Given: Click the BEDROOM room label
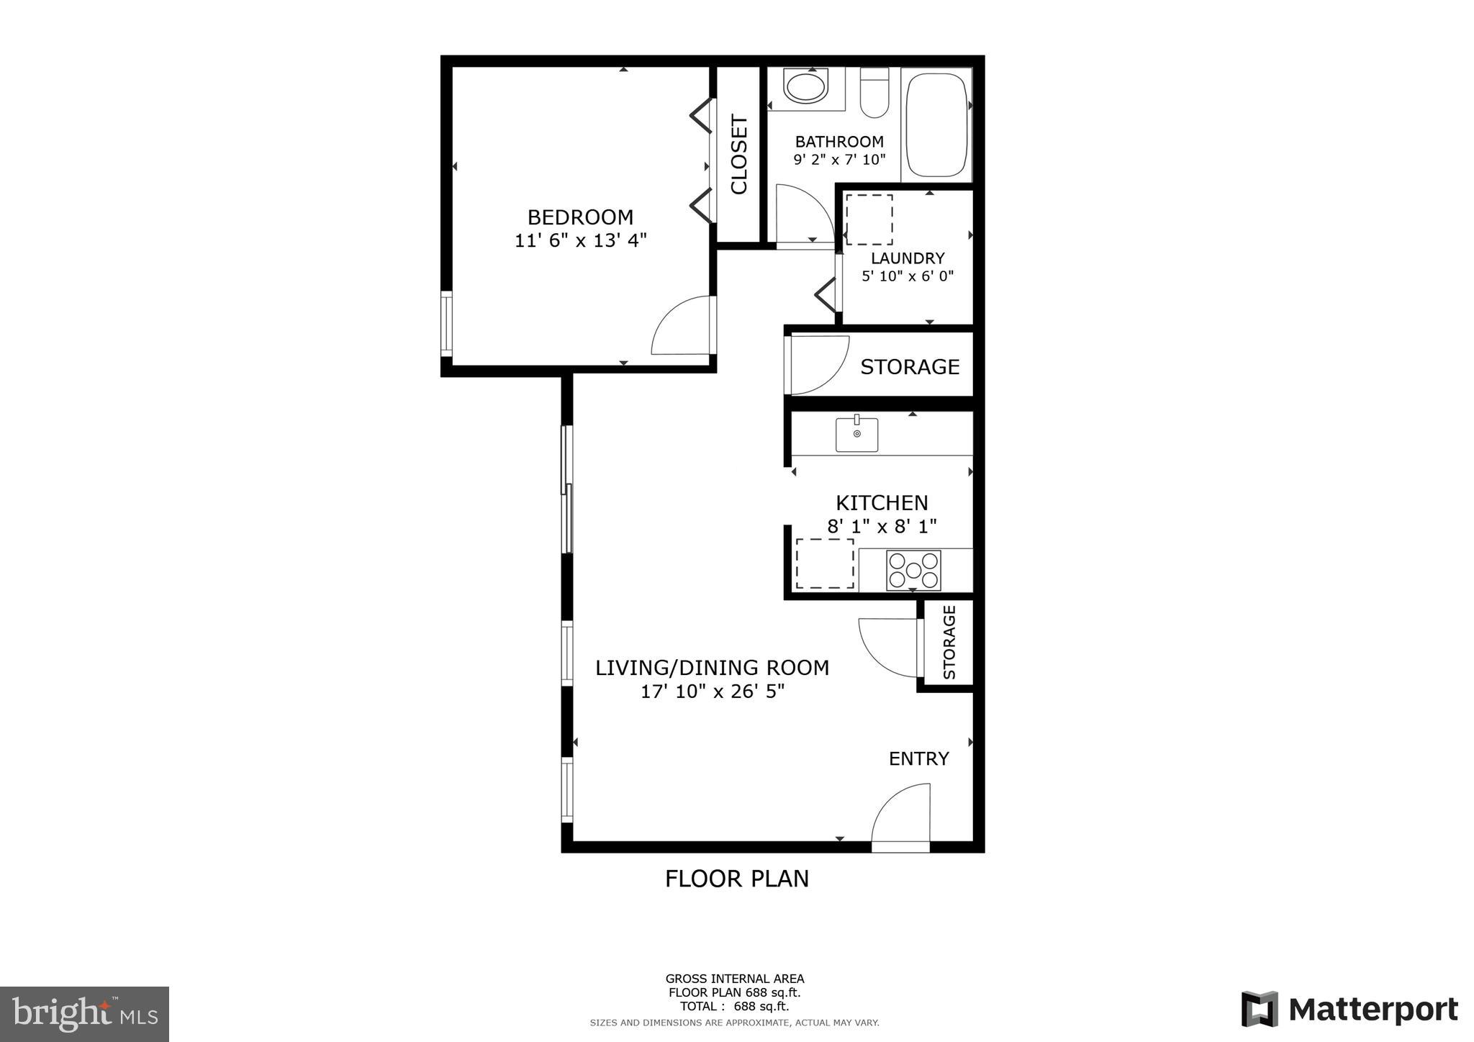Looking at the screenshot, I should tap(580, 217).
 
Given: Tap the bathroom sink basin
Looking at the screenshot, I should tap(805, 87).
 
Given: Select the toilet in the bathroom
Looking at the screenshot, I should tap(874, 94).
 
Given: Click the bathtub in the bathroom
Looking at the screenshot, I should tap(936, 124).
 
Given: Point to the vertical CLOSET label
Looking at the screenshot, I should tap(739, 155).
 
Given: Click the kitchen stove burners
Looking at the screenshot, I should tap(913, 570).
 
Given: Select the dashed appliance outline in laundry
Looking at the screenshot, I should tap(869, 219).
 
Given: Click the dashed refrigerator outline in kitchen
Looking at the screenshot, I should tap(824, 563).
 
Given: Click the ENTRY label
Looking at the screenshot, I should tap(918, 758).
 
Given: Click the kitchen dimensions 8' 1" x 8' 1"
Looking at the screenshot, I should tap(882, 526).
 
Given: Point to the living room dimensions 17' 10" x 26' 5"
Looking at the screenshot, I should tap(712, 692).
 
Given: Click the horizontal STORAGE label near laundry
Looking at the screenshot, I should tap(910, 367).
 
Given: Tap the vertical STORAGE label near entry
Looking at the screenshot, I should tap(949, 642).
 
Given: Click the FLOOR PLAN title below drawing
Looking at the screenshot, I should tap(736, 879).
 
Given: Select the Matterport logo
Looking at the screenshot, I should tap(1349, 1009).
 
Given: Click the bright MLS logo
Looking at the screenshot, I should tap(84, 1015).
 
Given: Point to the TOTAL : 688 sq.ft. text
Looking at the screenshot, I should tap(734, 1006).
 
